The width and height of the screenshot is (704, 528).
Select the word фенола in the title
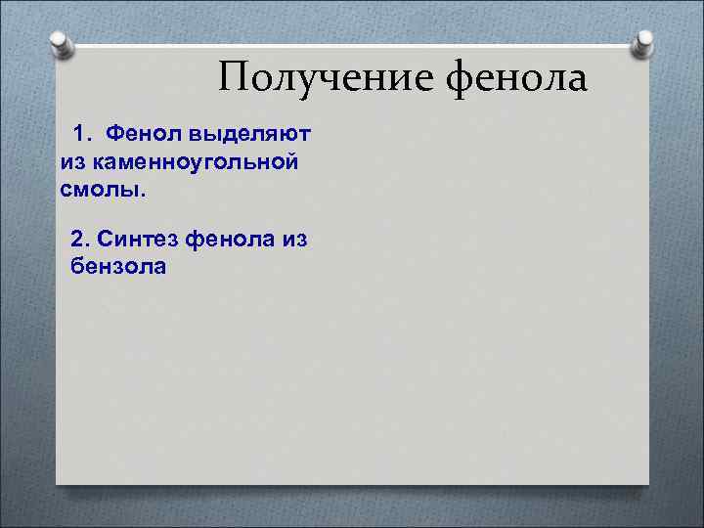[x=518, y=78]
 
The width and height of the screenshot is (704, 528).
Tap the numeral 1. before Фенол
[x=82, y=131]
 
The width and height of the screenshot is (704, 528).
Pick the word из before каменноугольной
[x=73, y=158]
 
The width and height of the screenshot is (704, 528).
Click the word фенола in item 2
[x=226, y=239]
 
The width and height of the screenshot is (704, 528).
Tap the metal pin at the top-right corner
[x=644, y=42]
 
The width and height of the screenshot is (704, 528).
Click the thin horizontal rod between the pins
[x=352, y=44]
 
